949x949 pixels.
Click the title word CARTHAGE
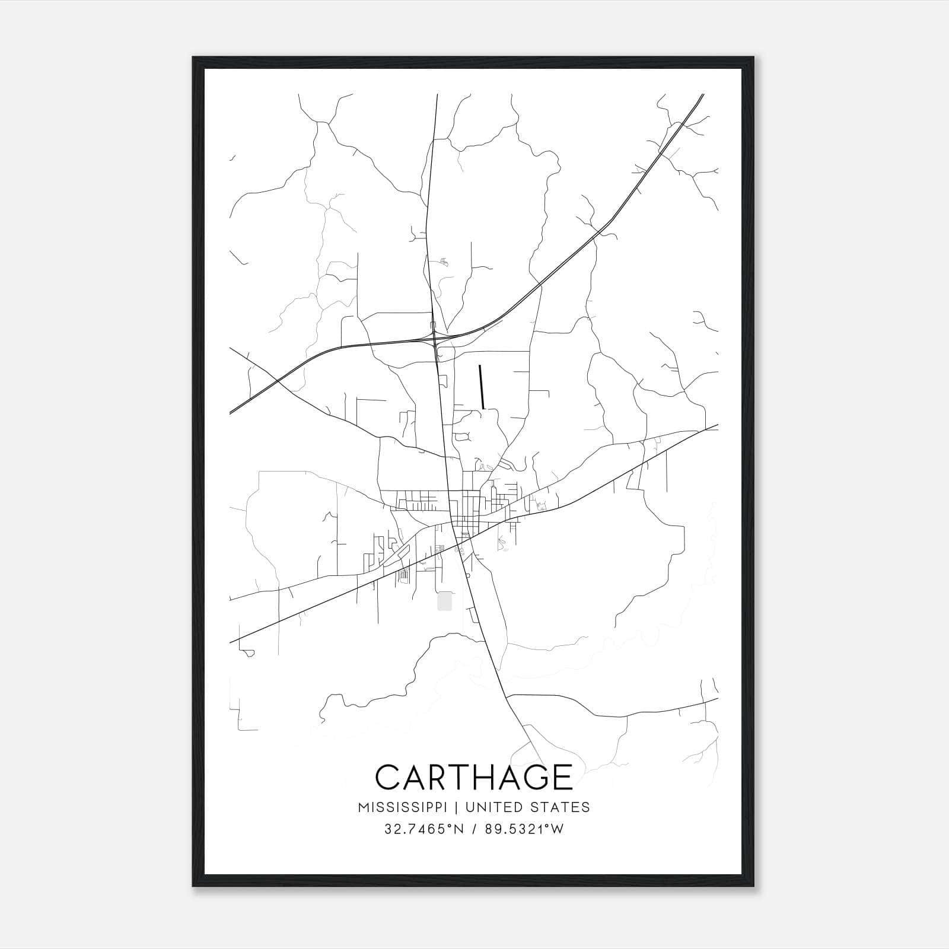pos(474,777)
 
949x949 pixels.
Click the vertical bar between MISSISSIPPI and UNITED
pos(458,807)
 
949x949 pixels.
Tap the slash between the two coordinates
pos(472,829)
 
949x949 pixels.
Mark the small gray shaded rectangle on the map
pos(444,601)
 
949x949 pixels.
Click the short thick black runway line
pos(482,387)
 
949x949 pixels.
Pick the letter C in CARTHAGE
pos(388,777)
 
